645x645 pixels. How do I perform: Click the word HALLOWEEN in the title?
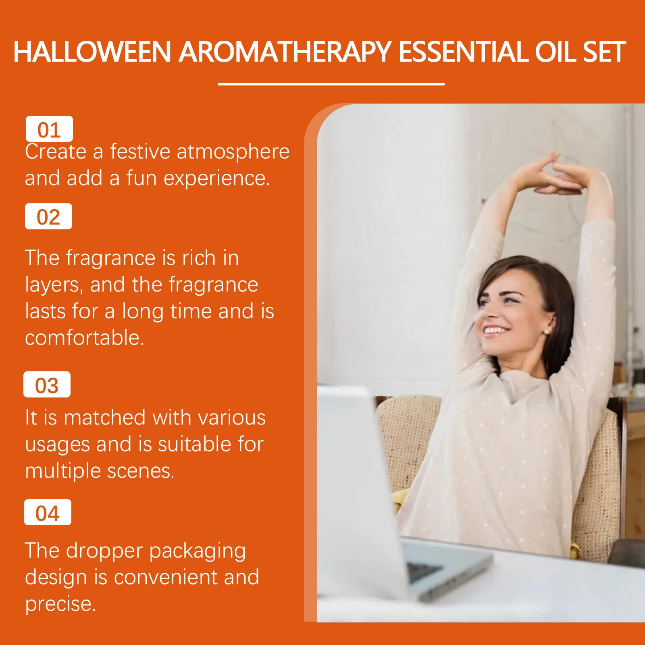click(x=93, y=52)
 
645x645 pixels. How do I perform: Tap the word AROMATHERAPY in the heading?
click(x=285, y=52)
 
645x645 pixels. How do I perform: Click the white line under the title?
click(x=331, y=84)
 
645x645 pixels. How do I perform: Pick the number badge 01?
click(x=49, y=129)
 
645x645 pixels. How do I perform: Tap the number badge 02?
click(x=48, y=216)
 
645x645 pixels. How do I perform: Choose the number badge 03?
click(x=47, y=385)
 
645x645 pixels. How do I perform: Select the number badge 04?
click(x=48, y=512)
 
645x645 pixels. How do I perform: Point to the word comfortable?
click(x=85, y=337)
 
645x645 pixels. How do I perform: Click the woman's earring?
click(x=547, y=332)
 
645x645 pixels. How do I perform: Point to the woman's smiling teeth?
click(x=495, y=331)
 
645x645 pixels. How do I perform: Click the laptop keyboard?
click(x=423, y=571)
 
